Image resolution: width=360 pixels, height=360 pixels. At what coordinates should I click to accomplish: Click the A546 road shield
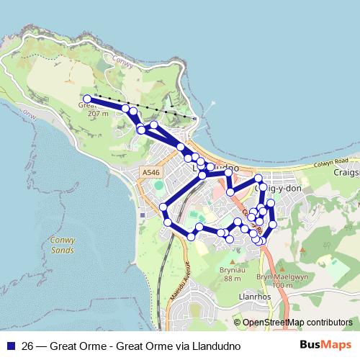150,173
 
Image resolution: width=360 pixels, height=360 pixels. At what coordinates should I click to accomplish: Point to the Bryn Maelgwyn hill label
273,276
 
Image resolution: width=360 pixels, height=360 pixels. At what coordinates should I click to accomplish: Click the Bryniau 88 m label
232,274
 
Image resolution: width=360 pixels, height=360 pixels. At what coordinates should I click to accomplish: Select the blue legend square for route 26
10,345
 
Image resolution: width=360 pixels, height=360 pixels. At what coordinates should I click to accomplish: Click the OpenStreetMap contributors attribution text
297,322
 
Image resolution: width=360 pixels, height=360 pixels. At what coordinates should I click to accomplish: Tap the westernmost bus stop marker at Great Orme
87,99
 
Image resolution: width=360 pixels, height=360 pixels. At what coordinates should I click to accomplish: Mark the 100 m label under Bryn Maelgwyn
283,285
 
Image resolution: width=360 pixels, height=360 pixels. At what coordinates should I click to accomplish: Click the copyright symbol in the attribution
238,322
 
